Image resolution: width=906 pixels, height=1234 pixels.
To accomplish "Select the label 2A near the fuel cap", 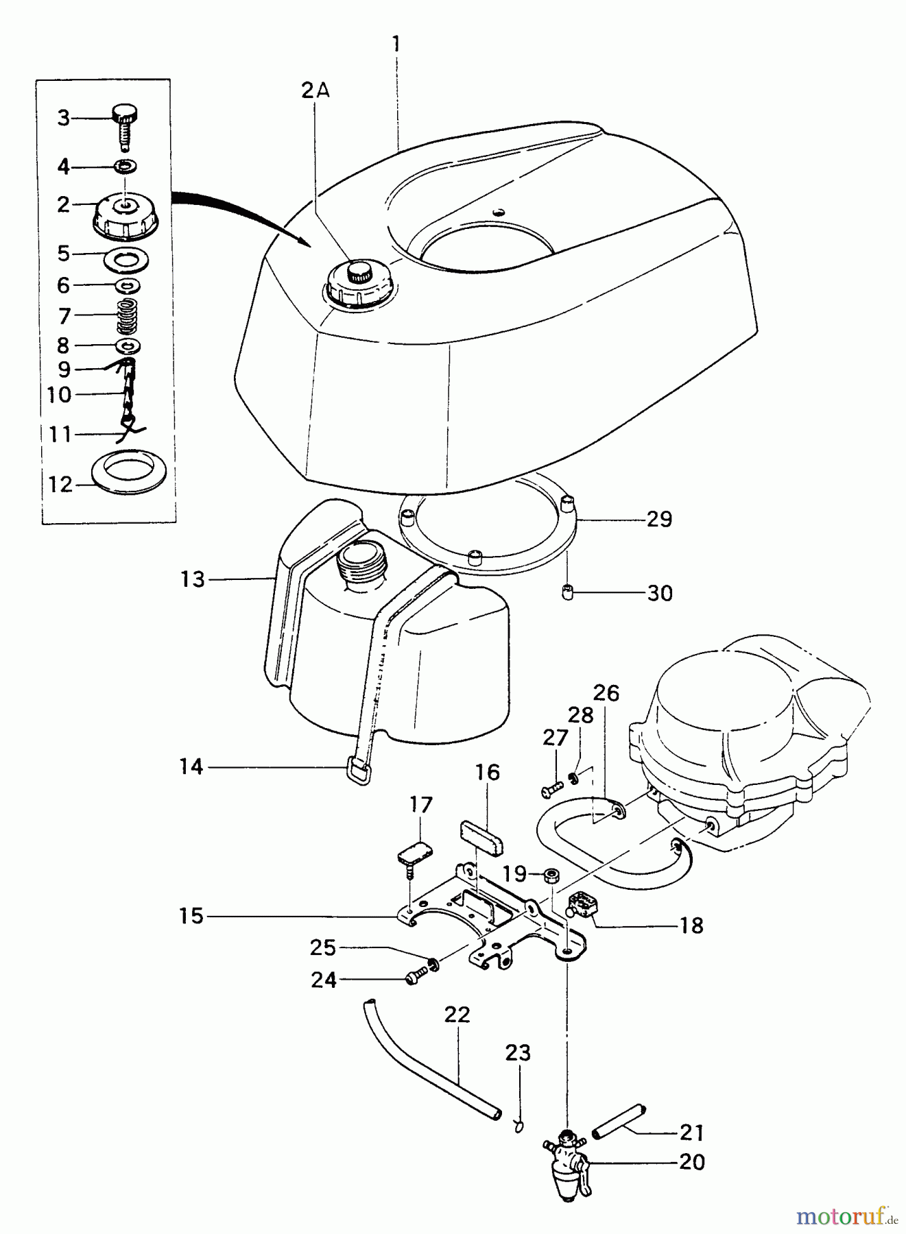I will coord(315,91).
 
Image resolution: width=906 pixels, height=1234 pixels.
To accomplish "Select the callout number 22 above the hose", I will coord(457,1016).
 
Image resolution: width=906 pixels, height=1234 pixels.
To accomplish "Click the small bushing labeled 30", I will coord(567,593).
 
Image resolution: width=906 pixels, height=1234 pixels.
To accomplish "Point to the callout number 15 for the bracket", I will coord(192,916).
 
